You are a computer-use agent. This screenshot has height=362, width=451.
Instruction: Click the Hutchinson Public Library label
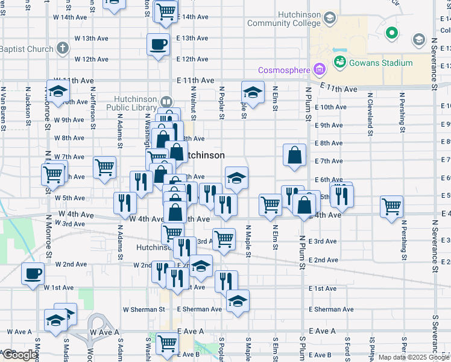136,103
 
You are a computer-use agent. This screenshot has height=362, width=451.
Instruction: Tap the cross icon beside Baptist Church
63,48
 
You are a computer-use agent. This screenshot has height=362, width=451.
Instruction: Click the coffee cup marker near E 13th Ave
159,44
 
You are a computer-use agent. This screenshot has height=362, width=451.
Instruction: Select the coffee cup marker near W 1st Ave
33,273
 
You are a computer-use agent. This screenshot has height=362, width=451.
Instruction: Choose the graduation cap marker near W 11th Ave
58,92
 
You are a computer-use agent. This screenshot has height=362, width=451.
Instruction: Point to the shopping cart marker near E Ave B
168,343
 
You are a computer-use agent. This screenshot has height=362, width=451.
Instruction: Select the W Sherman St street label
143,310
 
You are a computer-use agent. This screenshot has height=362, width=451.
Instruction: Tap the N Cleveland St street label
370,110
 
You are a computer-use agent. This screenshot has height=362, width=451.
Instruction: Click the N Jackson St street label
28,107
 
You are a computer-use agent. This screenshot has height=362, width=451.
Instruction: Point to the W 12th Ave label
92,59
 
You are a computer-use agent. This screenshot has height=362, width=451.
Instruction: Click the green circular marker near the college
391,33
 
